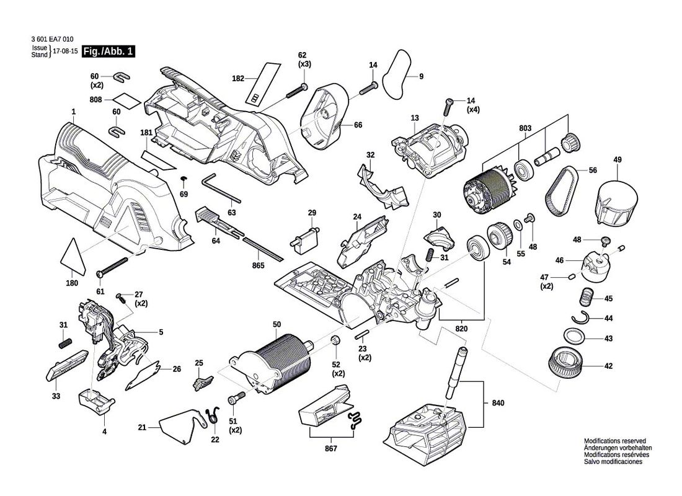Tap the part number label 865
tap(259, 265)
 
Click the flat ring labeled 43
tap(577, 338)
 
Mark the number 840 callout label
tap(498, 404)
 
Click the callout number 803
tap(526, 128)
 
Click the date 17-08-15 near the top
tap(66, 52)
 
